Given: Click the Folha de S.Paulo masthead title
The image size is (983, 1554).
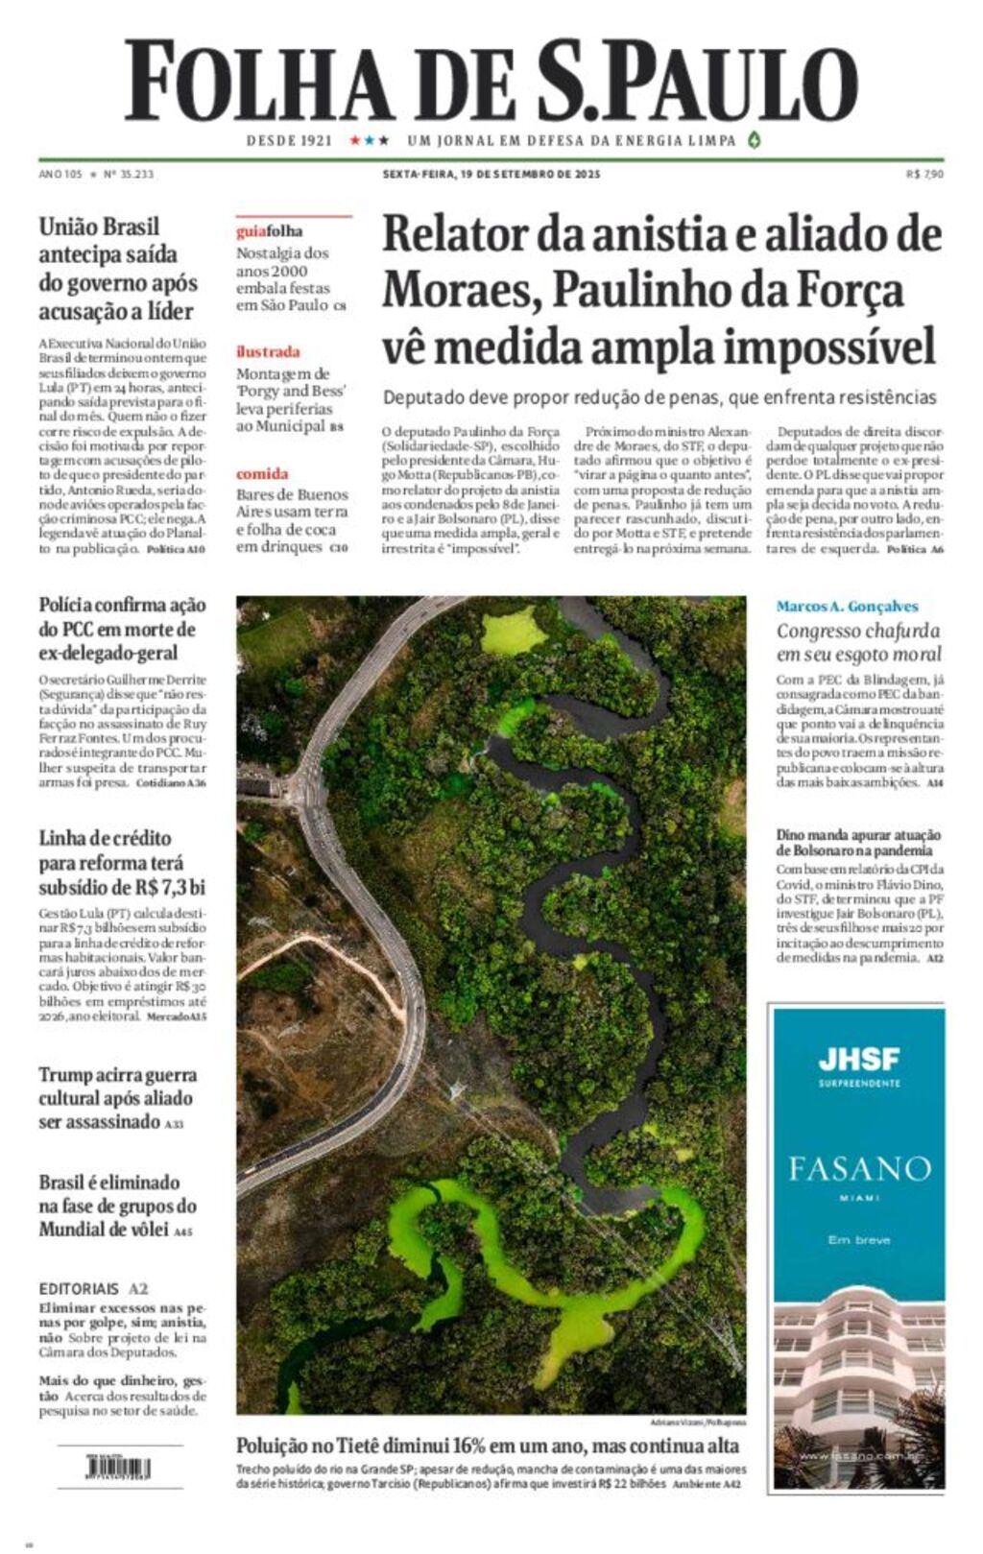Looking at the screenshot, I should [491, 81].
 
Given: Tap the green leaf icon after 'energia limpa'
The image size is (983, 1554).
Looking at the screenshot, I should [755, 140].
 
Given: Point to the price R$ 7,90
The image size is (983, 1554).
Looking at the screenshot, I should [924, 175].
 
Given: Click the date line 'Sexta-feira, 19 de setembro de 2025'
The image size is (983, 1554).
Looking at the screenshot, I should [491, 175].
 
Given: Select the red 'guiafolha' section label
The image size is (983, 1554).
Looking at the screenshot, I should [269, 231].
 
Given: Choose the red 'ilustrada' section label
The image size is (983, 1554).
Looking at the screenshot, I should [268, 351].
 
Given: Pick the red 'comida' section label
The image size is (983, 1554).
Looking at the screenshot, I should [262, 473].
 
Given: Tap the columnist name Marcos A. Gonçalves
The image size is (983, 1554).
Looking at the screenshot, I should [847, 607].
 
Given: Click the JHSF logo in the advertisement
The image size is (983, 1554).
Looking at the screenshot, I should [859, 1060].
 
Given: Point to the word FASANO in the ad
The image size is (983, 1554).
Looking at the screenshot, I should [859, 1169].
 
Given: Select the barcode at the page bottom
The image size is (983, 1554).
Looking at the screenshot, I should [118, 1469].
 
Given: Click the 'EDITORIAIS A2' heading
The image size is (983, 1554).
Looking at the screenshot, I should [93, 1288].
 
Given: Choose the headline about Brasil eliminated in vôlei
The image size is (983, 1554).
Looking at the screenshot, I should [117, 1206].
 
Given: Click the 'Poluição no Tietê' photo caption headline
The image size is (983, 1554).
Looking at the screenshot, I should [488, 1446].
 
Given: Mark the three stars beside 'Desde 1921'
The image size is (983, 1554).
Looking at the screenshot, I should [369, 140].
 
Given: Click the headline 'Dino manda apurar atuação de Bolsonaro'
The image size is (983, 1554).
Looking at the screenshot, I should [858, 843].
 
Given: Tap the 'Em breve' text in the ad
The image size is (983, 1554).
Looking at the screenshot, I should [859, 1240].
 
